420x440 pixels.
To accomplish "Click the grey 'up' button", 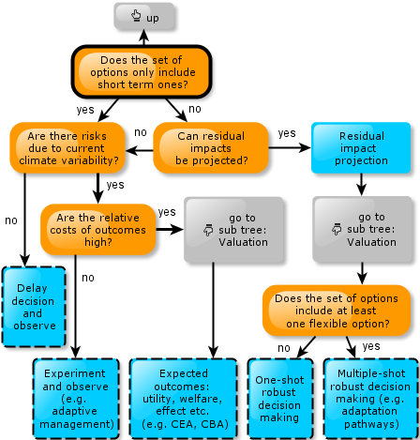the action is click(143, 16).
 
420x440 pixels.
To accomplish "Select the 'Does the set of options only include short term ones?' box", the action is click(142, 72).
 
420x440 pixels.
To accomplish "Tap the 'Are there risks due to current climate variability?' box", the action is click(67, 147).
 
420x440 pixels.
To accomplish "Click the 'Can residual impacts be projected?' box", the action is click(211, 147).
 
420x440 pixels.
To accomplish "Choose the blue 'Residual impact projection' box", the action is click(361, 147).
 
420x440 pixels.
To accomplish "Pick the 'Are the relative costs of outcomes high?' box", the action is click(98, 230).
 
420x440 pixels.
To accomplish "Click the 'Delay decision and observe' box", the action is click(34, 307).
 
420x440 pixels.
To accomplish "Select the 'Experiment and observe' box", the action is click(76, 399).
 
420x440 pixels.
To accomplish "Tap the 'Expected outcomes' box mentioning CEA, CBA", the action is click(183, 399).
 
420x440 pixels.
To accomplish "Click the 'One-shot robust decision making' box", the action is click(280, 399).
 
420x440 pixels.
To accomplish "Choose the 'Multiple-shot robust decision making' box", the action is click(371, 399).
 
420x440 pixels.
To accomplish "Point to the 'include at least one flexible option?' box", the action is click(337, 311).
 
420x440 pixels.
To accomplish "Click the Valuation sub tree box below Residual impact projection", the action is click(363, 229).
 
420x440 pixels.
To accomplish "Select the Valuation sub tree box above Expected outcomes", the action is click(234, 230).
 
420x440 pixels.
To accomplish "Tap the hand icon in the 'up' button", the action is click(136, 15).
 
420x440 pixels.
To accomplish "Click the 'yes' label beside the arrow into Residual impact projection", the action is click(287, 133).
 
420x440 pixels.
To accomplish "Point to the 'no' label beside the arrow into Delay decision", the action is click(11, 220).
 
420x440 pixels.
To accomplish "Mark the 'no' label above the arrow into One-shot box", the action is click(284, 348).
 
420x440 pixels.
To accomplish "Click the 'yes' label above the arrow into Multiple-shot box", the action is click(371, 346).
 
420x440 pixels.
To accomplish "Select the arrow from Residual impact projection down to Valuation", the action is click(361, 185).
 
